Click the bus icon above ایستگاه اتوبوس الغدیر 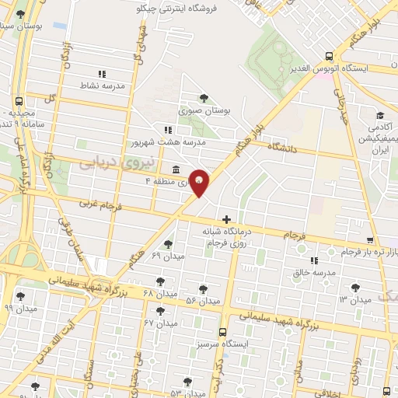point(330,56)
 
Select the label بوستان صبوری point(205,111)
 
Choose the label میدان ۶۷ point(161,322)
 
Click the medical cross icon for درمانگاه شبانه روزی point(227,220)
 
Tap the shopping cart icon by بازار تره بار point(372,240)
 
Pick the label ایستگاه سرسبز point(246,342)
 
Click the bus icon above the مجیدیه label point(19,101)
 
